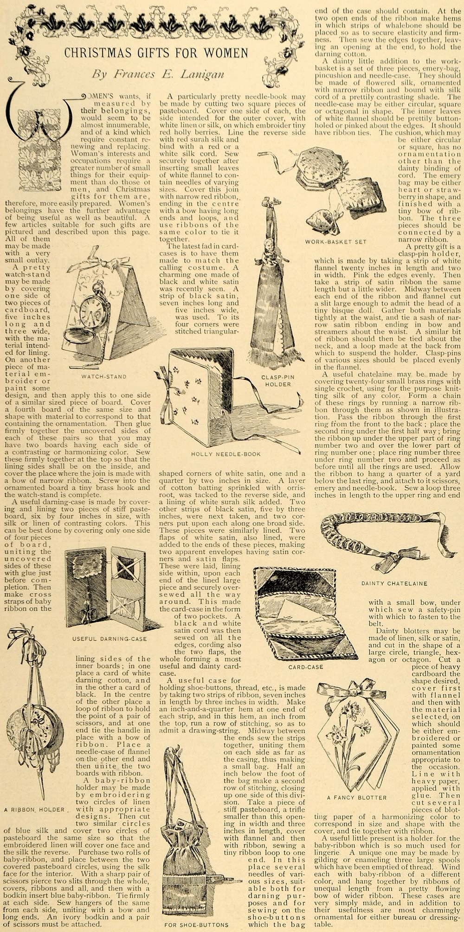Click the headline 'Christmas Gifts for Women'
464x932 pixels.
click(x=156, y=53)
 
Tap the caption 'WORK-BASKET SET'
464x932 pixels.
click(x=335, y=241)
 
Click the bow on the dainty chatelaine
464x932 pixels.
click(x=388, y=561)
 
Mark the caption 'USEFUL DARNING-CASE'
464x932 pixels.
click(x=110, y=639)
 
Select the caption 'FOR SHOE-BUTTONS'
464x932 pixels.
click(x=196, y=924)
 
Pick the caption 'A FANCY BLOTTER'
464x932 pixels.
click(x=356, y=798)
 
